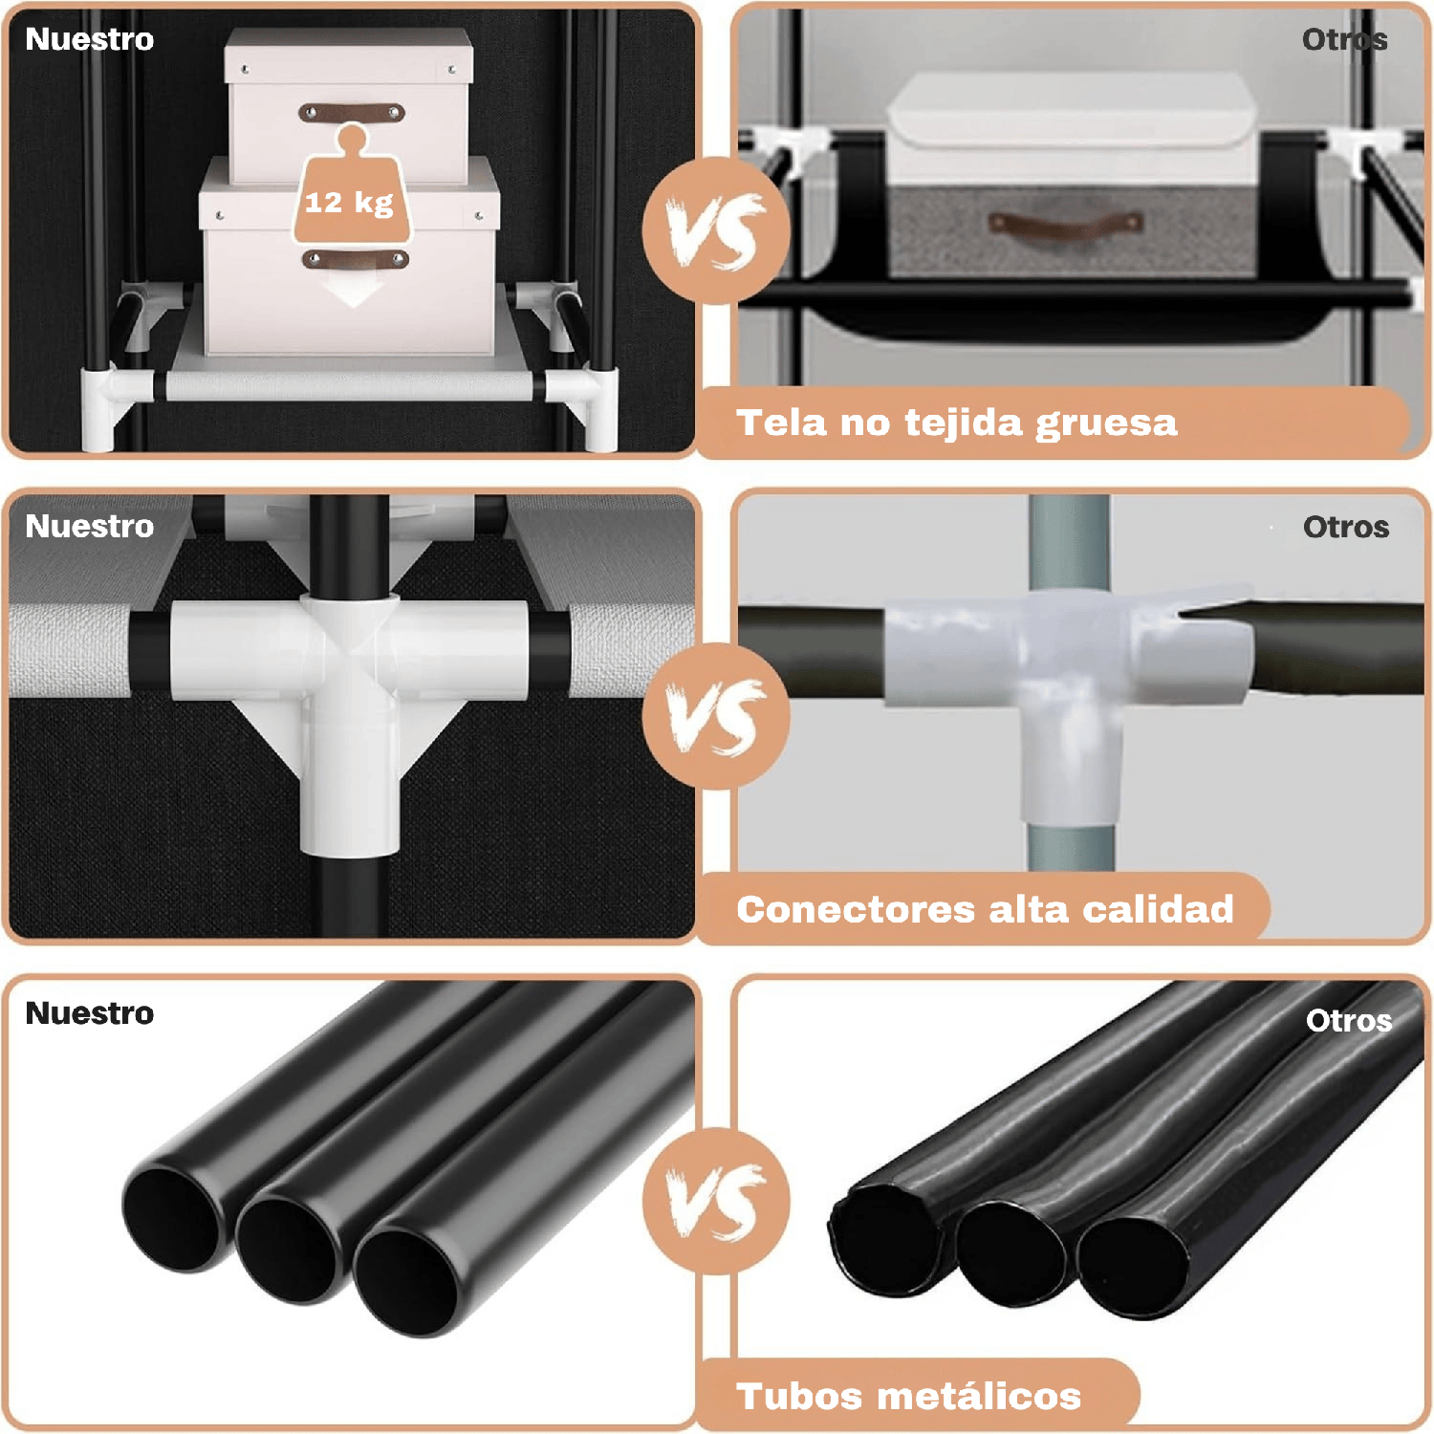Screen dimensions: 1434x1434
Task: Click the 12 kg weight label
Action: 349,203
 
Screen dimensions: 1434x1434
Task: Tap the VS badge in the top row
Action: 716,230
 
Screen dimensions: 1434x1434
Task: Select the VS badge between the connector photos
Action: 716,716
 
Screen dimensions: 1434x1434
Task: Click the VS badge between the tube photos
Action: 716,1201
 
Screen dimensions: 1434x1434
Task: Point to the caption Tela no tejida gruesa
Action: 957,423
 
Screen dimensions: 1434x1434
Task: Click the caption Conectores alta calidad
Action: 985,909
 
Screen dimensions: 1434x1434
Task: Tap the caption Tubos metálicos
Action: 909,1396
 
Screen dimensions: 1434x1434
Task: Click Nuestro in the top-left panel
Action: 90,39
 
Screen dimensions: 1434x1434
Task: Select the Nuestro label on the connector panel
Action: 90,526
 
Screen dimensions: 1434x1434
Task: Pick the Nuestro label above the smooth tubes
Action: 90,1013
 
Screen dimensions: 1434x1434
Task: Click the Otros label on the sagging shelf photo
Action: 1345,39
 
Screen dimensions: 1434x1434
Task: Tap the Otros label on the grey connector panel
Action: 1346,527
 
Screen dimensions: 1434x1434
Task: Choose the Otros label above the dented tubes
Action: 1349,1020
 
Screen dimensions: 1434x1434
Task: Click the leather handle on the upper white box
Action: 352,114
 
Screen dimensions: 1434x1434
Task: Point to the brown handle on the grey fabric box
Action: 1066,224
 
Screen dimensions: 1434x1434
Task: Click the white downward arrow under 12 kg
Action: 354,292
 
